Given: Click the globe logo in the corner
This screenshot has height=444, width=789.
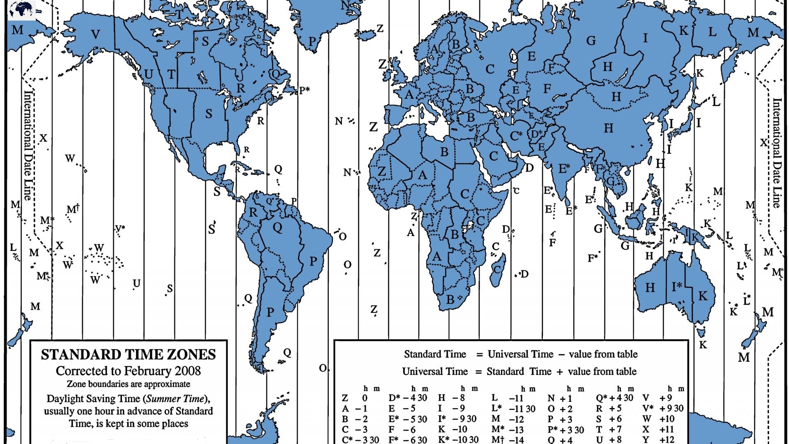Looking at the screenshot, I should coord(21,10).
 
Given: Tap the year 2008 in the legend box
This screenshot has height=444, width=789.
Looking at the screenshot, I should coord(188,371).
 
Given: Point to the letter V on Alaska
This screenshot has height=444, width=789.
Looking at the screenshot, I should coord(95,35).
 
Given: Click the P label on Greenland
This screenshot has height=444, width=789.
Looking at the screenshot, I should coord(312,42).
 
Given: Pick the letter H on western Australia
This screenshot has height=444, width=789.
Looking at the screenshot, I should coord(650,287).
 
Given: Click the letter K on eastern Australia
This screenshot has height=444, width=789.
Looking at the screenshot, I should coord(703,296).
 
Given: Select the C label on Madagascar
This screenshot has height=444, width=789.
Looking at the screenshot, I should coord(497,270).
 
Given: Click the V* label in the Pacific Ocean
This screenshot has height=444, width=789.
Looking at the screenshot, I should coord(120,229).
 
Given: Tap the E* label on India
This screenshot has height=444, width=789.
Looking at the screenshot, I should coord(564,169).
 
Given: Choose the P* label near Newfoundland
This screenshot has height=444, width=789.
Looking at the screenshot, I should coord(304,90).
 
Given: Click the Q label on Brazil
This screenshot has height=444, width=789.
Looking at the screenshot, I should coord(277,227).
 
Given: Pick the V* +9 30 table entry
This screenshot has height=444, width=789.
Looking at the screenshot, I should coord(663,408).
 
